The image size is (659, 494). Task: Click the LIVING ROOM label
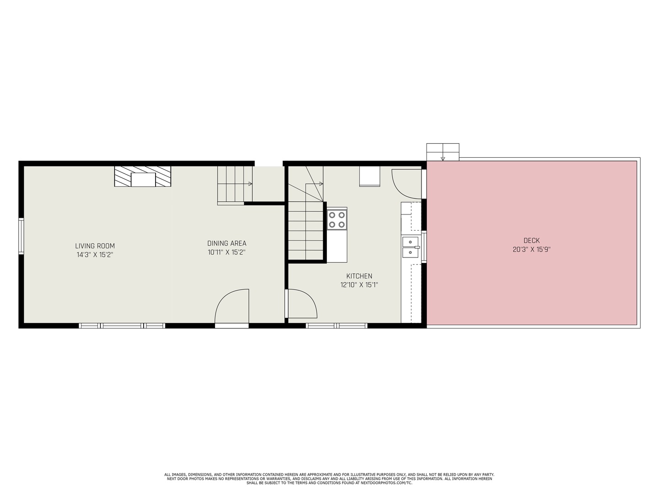pyautogui.click(x=95, y=246)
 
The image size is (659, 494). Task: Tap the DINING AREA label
pyautogui.click(x=227, y=243)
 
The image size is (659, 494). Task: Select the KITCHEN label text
pyautogui.click(x=359, y=276)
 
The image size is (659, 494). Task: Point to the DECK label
pyautogui.click(x=531, y=240)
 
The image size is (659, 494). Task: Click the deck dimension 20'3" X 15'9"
pyautogui.click(x=531, y=250)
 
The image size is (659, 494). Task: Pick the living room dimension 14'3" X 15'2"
pyautogui.click(x=95, y=255)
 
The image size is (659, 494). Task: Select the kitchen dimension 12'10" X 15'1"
pyautogui.click(x=359, y=285)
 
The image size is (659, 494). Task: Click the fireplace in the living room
pyautogui.click(x=143, y=177)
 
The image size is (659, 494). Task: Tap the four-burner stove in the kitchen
pyautogui.click(x=337, y=220)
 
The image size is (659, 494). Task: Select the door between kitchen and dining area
pyautogui.click(x=301, y=304)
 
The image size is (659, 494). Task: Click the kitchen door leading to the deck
pyautogui.click(x=407, y=184)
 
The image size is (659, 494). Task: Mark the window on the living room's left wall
pyautogui.click(x=21, y=236)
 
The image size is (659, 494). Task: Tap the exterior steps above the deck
pyautogui.click(x=443, y=152)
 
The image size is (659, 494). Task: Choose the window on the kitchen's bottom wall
pyautogui.click(x=336, y=326)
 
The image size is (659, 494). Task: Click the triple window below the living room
pyautogui.click(x=122, y=326)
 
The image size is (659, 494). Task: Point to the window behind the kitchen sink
pyautogui.click(x=424, y=247)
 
